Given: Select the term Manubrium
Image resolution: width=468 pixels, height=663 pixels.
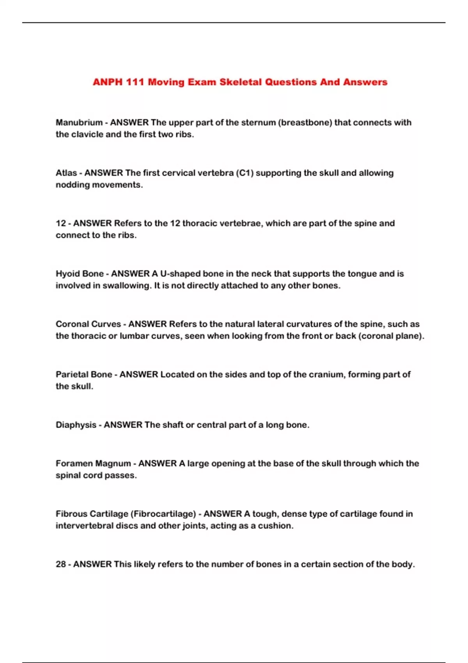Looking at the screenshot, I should (79, 122).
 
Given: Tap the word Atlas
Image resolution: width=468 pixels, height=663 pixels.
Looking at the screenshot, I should (66, 173).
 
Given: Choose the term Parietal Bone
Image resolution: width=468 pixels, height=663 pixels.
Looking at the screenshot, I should (84, 374).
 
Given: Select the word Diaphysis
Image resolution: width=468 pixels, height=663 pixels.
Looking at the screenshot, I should (76, 425).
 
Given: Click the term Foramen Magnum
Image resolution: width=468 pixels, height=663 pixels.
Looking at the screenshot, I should (93, 463).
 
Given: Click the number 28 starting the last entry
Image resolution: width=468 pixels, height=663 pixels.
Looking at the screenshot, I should (60, 564).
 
